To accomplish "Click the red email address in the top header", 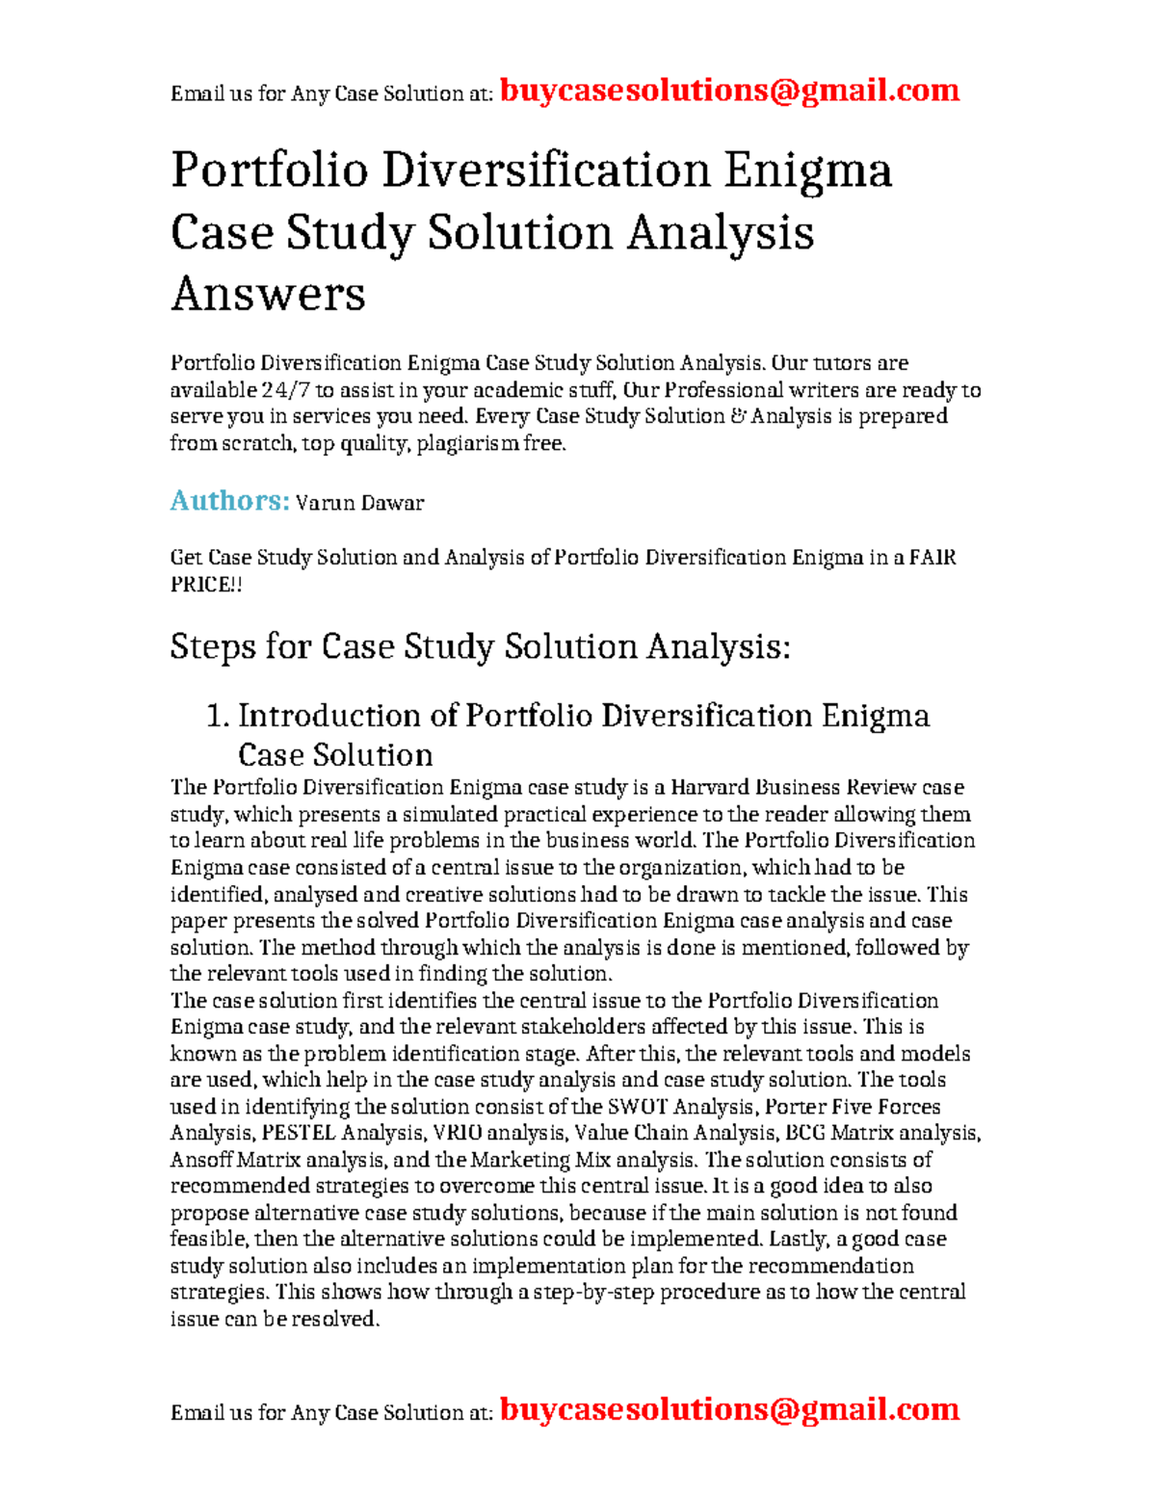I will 729,91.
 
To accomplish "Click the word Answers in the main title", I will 268,294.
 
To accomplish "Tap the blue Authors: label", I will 229,501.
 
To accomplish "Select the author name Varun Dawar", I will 359,503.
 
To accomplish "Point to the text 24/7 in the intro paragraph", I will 286,390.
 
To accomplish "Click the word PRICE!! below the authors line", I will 206,585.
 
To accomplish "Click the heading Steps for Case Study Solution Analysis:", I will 480,646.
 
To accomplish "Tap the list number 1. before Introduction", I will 218,716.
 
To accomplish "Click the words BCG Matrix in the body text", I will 839,1134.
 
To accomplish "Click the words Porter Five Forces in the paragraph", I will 852,1107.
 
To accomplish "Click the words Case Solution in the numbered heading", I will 335,754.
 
